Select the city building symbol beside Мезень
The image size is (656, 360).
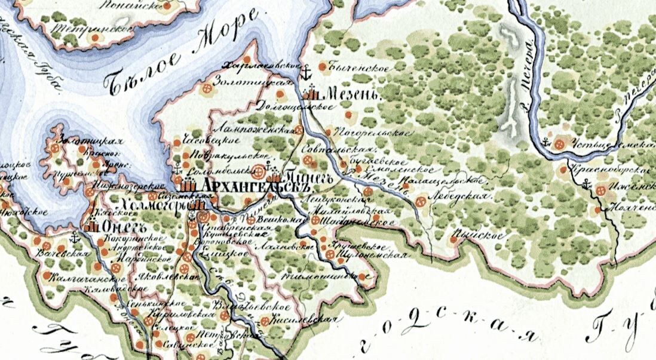(312, 94)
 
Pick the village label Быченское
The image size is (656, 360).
(359, 68)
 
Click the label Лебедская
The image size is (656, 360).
(461, 196)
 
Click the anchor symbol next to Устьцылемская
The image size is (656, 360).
(545, 142)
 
